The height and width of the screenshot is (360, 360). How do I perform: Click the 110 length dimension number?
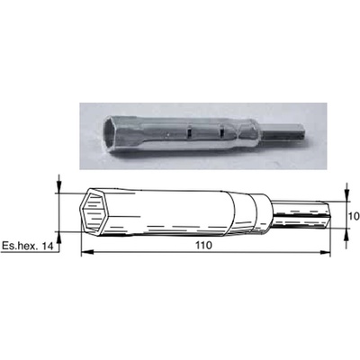[x=204, y=245]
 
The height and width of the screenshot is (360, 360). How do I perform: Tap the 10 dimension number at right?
[x=355, y=216]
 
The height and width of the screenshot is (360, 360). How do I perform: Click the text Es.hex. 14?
[x=27, y=247]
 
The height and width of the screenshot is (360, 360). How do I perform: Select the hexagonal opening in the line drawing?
[x=95, y=213]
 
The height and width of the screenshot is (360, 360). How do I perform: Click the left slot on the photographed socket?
[x=189, y=132]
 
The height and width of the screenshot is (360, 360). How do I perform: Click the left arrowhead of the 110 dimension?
[x=85, y=253]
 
